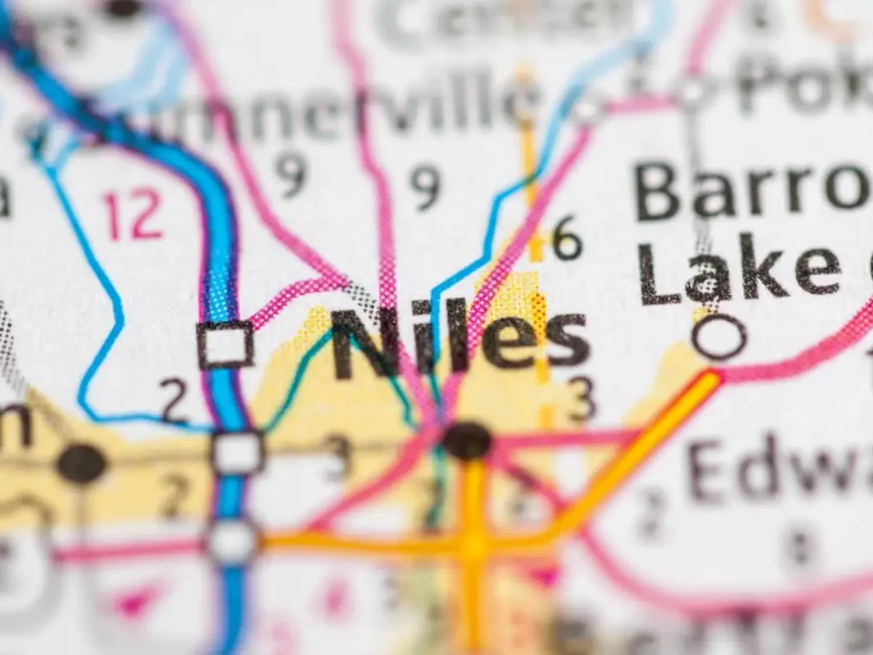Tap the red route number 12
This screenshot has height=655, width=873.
tap(132, 215)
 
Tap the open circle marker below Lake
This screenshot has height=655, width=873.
tap(719, 337)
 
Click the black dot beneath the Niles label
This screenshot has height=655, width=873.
tap(467, 440)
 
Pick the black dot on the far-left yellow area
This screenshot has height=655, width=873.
tap(81, 463)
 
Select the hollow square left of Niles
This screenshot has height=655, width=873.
tap(225, 344)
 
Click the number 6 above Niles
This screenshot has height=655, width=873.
tap(567, 238)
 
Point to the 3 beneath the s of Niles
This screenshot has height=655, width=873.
tap(582, 399)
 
